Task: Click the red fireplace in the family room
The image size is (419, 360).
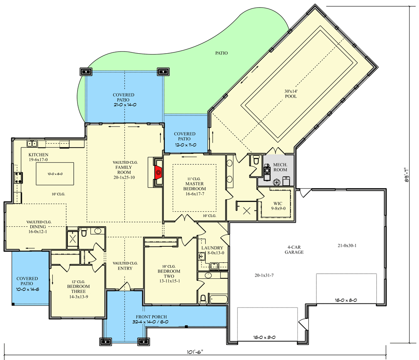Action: coord(158,172)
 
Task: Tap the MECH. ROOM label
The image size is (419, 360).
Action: coord(280,167)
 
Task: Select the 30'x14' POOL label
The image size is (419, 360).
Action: coord(291,94)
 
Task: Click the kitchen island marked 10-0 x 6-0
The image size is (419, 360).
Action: coord(55,174)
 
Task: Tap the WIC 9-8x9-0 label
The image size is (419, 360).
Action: coord(278,206)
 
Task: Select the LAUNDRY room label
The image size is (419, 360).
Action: coord(212,248)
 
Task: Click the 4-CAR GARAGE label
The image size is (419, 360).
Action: coord(294,250)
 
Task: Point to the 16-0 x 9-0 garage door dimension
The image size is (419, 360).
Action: coord(264,337)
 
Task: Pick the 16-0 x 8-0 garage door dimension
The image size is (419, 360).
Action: coord(346,300)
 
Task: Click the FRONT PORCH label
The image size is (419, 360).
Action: coord(151,317)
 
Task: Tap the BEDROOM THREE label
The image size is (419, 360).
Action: coord(78,289)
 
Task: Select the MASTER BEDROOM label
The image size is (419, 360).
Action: coord(194,186)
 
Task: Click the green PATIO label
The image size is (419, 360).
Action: coord(222,53)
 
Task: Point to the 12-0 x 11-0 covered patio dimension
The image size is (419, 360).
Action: coord(186,145)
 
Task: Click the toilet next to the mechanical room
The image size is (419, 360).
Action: coord(256,160)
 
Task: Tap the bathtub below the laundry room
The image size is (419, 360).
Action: coord(218,299)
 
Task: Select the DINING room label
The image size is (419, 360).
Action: coord(38,227)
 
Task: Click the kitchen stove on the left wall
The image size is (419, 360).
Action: coord(18,178)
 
